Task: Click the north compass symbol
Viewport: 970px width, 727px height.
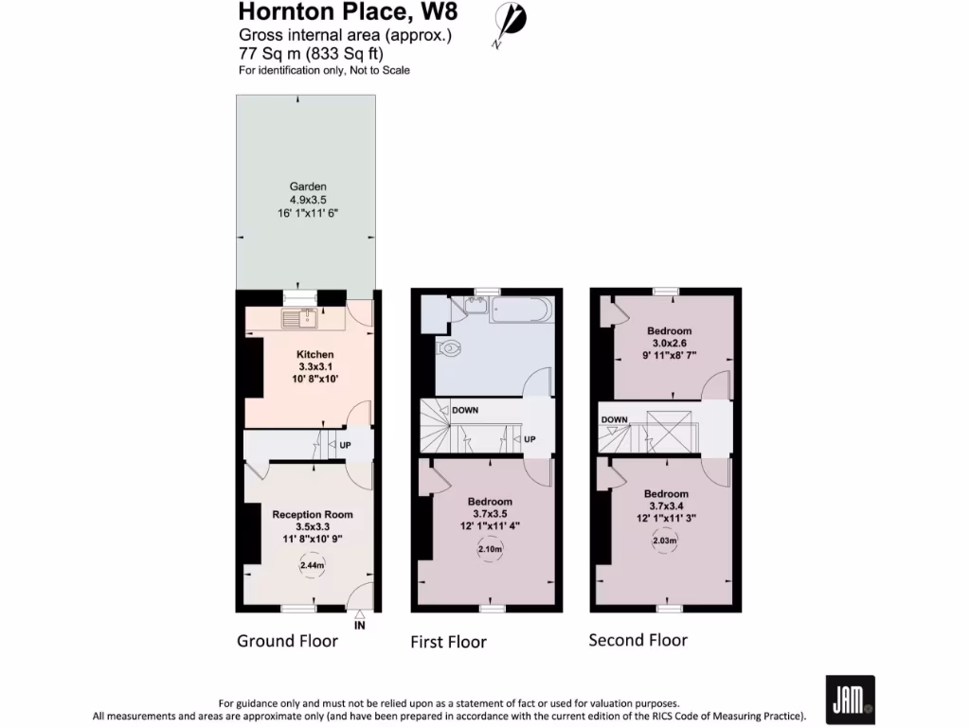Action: click(x=511, y=23)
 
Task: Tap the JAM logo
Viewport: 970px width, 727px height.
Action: click(x=850, y=700)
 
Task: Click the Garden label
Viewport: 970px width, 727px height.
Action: click(x=308, y=187)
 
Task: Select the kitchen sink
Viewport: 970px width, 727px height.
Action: click(x=298, y=318)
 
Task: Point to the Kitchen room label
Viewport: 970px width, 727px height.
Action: click(x=314, y=354)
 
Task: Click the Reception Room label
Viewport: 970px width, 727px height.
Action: click(x=313, y=514)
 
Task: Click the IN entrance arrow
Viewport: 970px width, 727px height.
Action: click(x=359, y=621)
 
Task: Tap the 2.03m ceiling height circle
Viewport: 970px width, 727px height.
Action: click(x=666, y=541)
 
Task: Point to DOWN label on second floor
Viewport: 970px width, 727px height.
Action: click(x=614, y=419)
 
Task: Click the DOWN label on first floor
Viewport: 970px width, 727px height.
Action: click(x=465, y=411)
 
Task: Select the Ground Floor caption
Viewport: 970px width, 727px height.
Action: click(x=287, y=641)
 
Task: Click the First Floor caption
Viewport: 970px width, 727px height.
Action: click(x=448, y=642)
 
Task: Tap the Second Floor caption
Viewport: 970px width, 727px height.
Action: click(x=638, y=640)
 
